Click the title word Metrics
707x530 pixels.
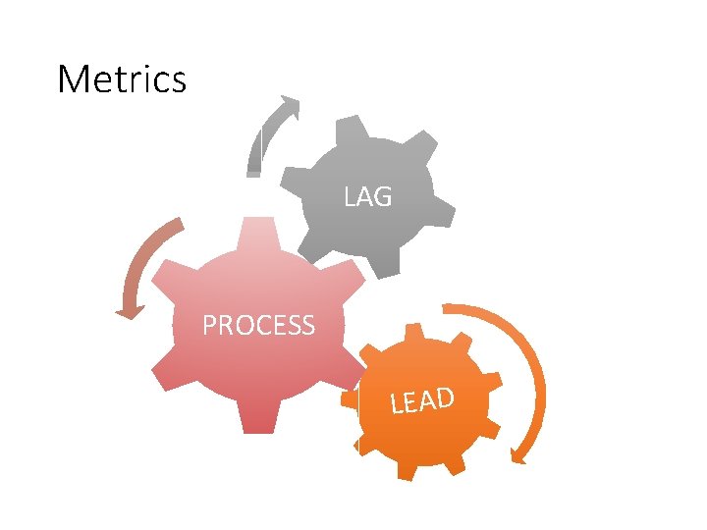click(122, 79)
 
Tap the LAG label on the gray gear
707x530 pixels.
click(368, 197)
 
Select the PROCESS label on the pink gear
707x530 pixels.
click(258, 325)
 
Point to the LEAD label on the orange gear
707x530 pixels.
click(422, 400)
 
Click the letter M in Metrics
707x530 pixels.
click(74, 79)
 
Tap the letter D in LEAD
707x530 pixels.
click(444, 397)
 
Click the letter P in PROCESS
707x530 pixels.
click(210, 325)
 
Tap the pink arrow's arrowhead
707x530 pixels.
click(129, 311)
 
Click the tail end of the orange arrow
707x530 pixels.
click(447, 309)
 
